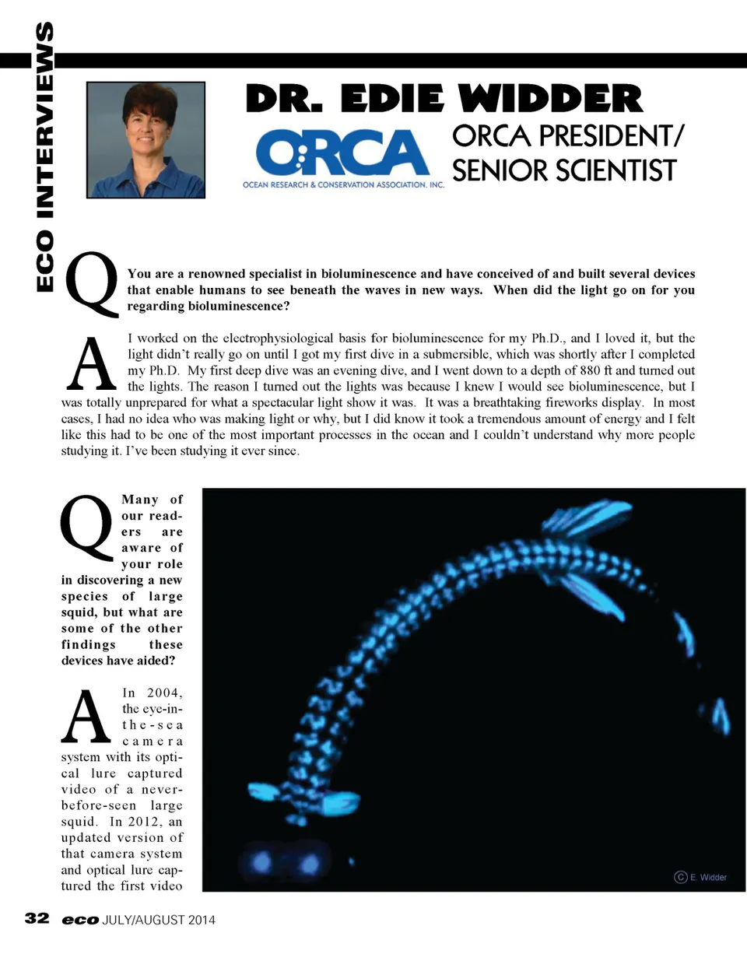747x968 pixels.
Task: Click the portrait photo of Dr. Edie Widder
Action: coord(146,140)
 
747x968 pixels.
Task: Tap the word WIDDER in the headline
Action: coord(550,100)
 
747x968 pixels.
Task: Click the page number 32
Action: coord(37,918)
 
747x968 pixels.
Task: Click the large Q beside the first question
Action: coord(92,284)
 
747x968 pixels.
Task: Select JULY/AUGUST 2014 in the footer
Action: coord(159,920)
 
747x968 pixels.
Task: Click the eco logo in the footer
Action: coord(80,920)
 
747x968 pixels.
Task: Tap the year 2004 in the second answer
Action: coord(163,693)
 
